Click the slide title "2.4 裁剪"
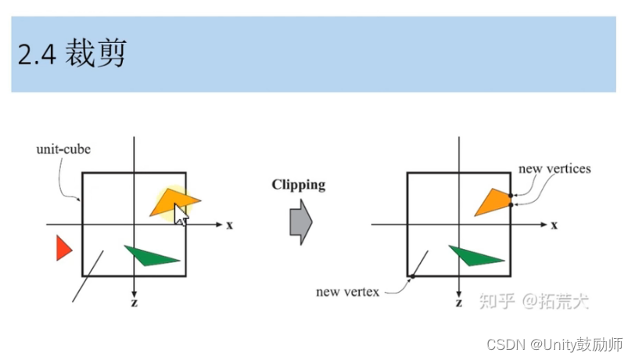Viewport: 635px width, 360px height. (71, 54)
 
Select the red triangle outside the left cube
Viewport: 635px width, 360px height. (63, 248)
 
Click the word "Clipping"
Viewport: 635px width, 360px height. (298, 185)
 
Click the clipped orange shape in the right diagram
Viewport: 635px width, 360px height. (493, 202)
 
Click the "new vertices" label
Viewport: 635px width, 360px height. (554, 168)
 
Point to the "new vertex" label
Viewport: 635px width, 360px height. (347, 292)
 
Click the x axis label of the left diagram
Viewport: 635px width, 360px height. (230, 225)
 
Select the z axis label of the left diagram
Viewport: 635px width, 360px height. (135, 301)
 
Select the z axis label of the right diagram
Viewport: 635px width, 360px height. (458, 301)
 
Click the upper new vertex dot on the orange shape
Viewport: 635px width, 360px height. (510, 195)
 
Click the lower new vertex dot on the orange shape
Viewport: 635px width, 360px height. (510, 204)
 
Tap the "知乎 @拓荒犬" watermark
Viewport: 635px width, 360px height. (533, 301)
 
